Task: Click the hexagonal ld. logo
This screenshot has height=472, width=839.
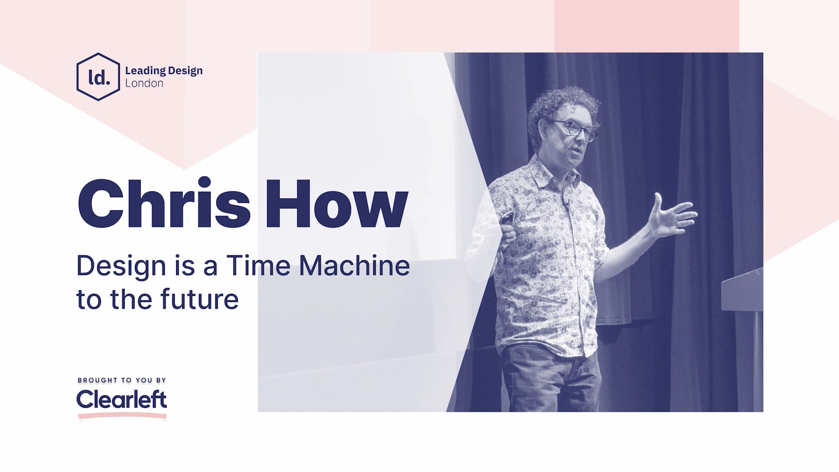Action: pos(98,77)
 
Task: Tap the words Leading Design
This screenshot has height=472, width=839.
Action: pos(163,70)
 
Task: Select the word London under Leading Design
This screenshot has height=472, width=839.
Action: pos(144,83)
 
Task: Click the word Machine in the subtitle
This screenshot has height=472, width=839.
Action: pos(354,265)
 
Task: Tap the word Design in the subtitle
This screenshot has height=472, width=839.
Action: pos(121,266)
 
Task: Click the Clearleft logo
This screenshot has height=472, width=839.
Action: pos(121,399)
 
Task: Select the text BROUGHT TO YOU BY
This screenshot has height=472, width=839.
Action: pos(122,380)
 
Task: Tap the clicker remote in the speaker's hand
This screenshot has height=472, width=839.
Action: pos(507,217)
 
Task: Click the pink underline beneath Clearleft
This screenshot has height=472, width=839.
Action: pos(122,416)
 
